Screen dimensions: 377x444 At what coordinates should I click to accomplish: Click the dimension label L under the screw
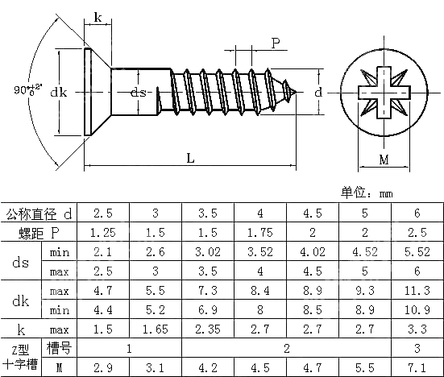[190, 159]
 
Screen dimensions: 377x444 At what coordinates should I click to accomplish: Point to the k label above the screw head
[98, 17]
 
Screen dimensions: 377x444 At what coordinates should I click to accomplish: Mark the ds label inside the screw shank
[138, 93]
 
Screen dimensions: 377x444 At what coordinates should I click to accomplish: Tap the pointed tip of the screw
[301, 93]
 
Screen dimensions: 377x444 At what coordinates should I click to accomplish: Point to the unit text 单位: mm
[367, 193]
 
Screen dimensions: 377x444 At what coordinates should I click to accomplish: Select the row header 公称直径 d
[39, 213]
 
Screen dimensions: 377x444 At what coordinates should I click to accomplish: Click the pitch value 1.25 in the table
[103, 233]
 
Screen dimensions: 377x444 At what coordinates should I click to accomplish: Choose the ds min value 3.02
[208, 252]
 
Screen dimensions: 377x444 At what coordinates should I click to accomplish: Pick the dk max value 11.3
[417, 291]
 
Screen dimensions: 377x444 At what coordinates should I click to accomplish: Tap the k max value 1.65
[156, 329]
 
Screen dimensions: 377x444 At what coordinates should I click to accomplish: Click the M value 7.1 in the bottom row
[417, 367]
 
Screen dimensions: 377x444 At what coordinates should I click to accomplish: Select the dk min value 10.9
[417, 309]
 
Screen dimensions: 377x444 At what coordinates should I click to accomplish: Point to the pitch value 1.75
[259, 233]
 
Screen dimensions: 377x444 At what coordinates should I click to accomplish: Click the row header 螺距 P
[39, 233]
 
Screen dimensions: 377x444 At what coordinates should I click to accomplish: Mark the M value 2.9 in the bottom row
[103, 367]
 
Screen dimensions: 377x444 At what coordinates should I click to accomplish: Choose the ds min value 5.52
[417, 252]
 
